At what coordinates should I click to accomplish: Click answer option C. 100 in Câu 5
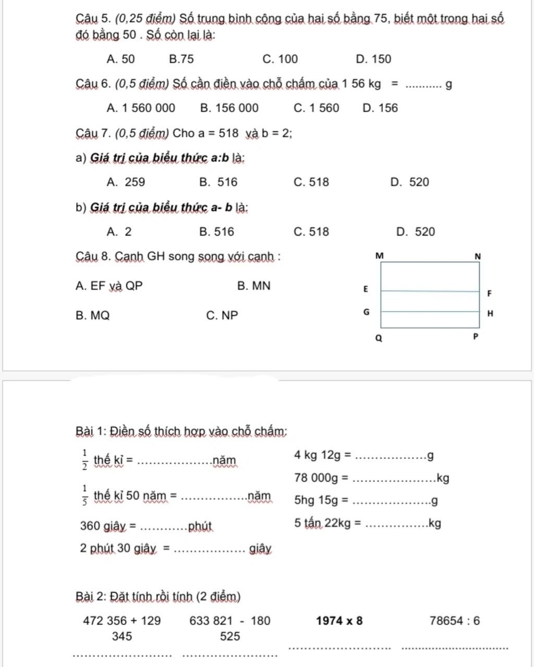click(281, 59)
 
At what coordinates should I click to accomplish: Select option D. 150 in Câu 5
click(373, 59)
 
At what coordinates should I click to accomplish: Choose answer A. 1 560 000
click(141, 108)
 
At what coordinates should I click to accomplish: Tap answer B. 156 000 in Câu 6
click(229, 108)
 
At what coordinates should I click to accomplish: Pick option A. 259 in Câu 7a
click(126, 182)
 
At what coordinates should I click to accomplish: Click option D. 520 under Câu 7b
click(415, 232)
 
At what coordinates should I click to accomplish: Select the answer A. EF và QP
click(109, 286)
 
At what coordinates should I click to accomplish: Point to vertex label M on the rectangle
click(379, 256)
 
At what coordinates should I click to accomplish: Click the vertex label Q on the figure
click(379, 338)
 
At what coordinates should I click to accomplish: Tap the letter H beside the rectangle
click(489, 314)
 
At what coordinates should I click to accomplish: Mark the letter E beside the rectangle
click(366, 289)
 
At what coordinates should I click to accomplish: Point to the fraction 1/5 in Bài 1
click(84, 496)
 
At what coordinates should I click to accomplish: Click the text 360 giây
click(103, 526)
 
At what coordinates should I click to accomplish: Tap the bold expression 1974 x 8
click(339, 621)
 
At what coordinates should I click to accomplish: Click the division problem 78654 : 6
click(455, 621)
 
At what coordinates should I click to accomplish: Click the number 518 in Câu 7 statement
click(228, 133)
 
